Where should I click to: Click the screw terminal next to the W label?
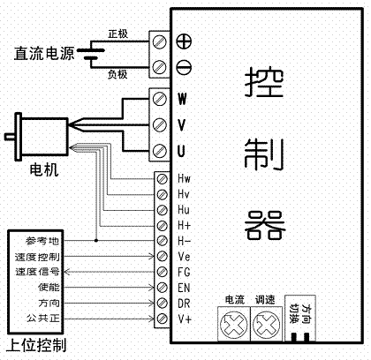coord(159,99)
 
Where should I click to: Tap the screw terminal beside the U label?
coord(159,151)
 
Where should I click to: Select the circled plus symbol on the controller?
coord(184,41)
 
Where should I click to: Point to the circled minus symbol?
coord(184,67)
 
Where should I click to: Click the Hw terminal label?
coord(184,178)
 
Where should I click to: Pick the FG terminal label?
coord(184,272)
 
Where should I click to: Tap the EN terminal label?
coord(184,288)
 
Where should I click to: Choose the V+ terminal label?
coord(185,319)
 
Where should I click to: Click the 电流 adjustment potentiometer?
coord(234,325)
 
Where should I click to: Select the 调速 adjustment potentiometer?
coord(266,325)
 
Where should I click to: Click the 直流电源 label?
coord(44,53)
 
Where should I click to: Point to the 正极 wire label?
coord(117,34)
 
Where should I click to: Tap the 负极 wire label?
coord(117,74)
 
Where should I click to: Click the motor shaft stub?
coord(10,137)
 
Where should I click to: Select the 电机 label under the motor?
coord(44,170)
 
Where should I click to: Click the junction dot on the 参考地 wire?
coord(96,241)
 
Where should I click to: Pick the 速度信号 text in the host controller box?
coord(37,272)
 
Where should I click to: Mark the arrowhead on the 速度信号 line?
coord(66,272)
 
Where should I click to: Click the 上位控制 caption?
coord(36,345)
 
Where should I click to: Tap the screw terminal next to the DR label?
coord(162,303)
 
